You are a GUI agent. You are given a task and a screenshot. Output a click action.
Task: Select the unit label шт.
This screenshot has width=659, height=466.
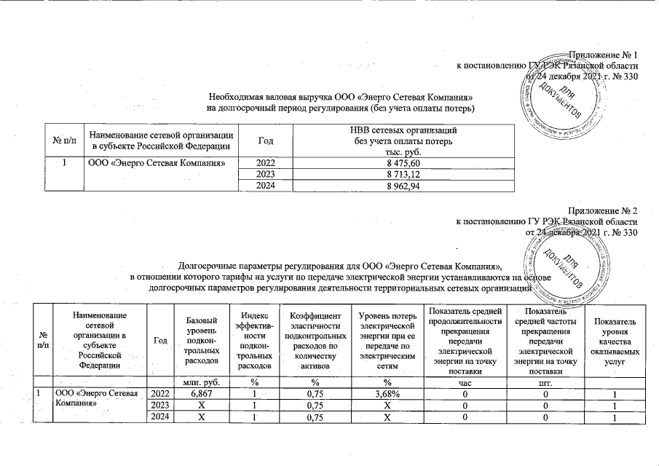point(545,381)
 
